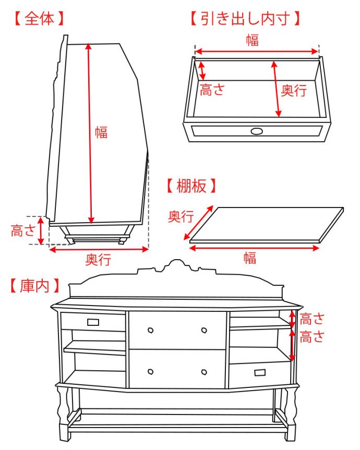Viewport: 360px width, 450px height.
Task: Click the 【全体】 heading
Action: point(39,19)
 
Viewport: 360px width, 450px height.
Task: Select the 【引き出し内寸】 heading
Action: point(245,19)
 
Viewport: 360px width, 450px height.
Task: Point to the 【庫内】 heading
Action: point(34,286)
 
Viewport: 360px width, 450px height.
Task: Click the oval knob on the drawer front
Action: point(257,131)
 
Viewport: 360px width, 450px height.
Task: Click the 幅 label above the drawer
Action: point(253,40)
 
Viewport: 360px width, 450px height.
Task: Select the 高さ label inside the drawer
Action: point(212,90)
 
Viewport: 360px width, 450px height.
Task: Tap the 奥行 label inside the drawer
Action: point(294,90)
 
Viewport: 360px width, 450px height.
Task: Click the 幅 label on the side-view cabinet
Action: point(101,132)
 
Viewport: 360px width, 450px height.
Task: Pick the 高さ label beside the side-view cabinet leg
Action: point(23,230)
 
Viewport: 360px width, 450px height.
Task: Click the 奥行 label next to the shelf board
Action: point(181,216)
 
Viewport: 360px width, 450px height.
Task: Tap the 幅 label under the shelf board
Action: point(249,257)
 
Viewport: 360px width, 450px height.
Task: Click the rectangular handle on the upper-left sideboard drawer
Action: point(93,322)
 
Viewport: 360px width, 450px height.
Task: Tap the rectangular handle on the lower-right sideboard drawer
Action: point(260,372)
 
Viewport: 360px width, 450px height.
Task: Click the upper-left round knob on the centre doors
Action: point(150,330)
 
